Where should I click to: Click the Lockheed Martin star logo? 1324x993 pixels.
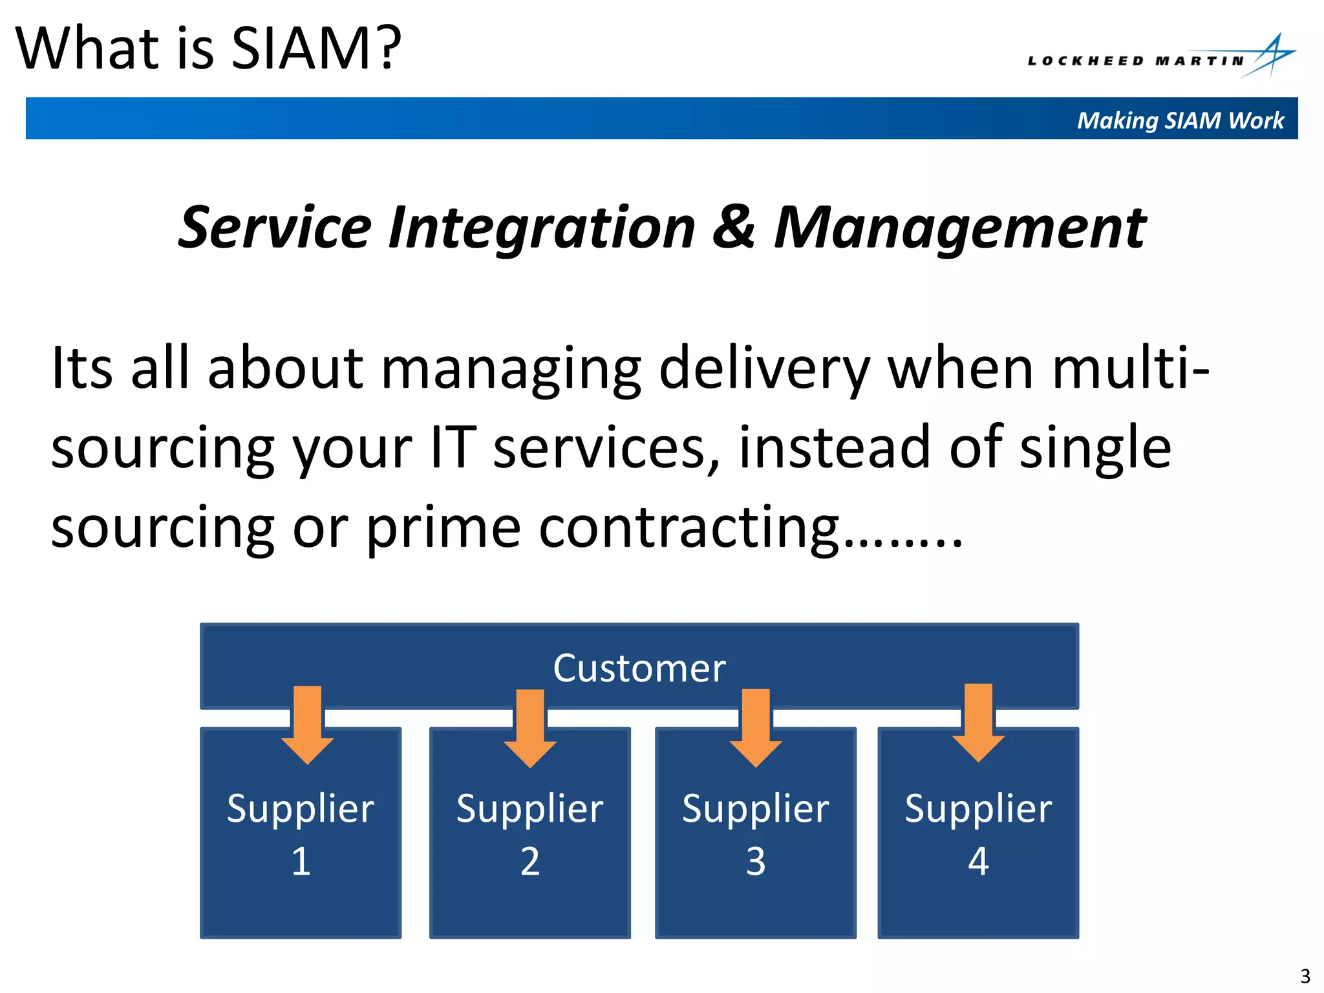point(1271,56)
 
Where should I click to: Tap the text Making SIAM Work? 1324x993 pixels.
point(1180,120)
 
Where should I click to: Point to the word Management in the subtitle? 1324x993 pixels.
point(960,228)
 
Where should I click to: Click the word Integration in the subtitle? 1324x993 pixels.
point(542,228)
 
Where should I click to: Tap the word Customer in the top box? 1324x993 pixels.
point(639,668)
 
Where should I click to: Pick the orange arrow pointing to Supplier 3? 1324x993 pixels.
point(756,728)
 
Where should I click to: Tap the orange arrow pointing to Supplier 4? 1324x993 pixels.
point(978,723)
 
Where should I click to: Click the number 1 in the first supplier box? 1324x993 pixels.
point(301,862)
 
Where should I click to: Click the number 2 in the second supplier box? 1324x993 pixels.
point(530,862)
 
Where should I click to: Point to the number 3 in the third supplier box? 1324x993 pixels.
point(756,862)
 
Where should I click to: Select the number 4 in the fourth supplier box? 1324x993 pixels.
point(978,862)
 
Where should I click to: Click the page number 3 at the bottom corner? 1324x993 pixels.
point(1305,976)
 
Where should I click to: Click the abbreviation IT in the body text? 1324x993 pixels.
point(453,447)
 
